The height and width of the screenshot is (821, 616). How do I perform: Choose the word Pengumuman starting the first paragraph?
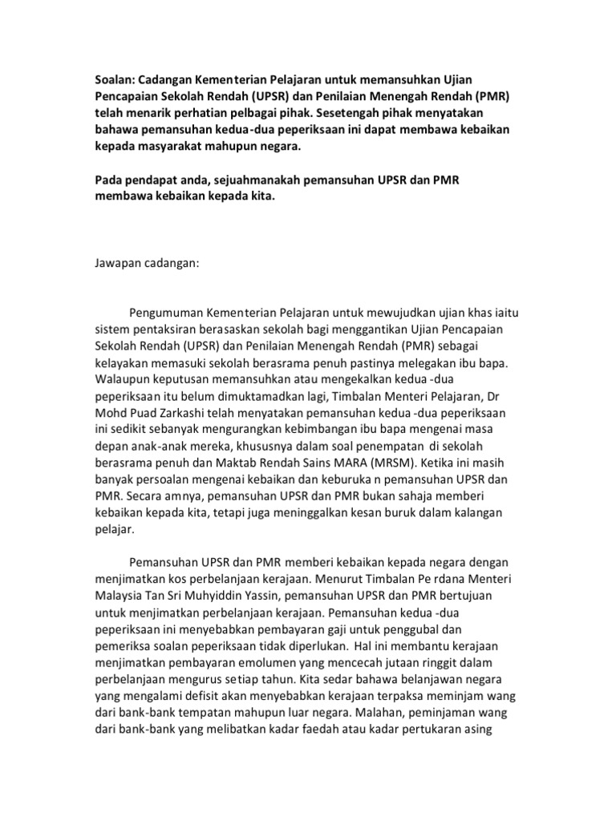pos(169,312)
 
